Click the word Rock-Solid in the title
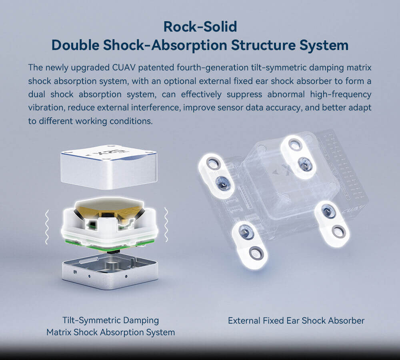tap(200, 27)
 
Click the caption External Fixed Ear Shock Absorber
tap(296, 320)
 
